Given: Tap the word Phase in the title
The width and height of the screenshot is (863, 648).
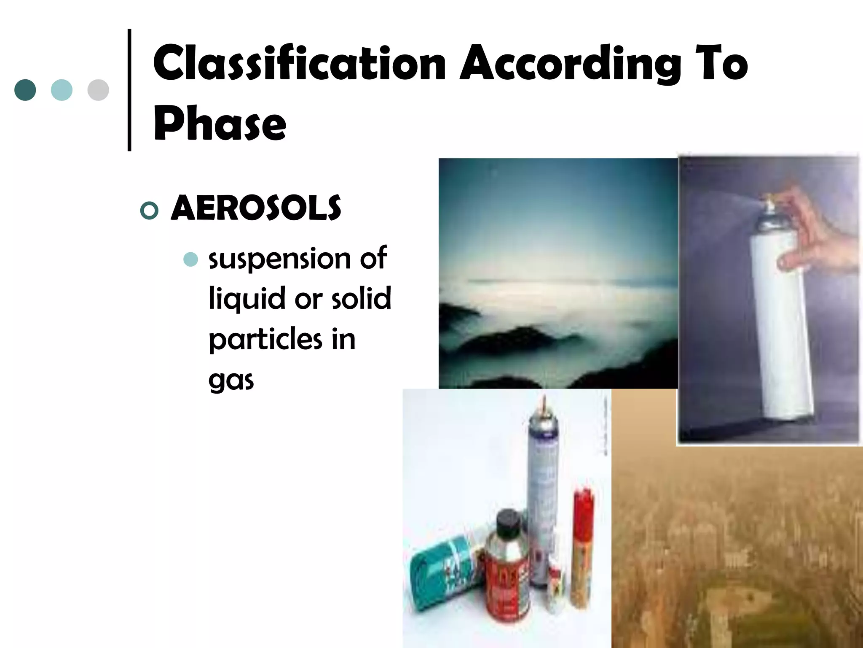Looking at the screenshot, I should coord(220,124).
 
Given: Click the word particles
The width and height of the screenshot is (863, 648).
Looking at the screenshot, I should coord(265,340).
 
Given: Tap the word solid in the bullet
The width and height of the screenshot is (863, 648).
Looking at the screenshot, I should coord(361,298).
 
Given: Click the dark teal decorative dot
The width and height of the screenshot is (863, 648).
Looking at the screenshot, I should coord(25,90).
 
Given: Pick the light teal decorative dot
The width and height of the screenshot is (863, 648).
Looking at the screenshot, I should coord(62,90).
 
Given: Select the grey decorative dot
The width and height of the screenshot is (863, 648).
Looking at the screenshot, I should coord(98,90).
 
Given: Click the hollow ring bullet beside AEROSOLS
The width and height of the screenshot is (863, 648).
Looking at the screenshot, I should coord(149,210).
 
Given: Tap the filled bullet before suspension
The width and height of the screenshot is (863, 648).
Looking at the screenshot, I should coord(191,259).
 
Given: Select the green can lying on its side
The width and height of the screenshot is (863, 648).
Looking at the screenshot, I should coord(442,570).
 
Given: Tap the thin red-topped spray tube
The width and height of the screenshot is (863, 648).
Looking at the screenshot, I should coord(583,548).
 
